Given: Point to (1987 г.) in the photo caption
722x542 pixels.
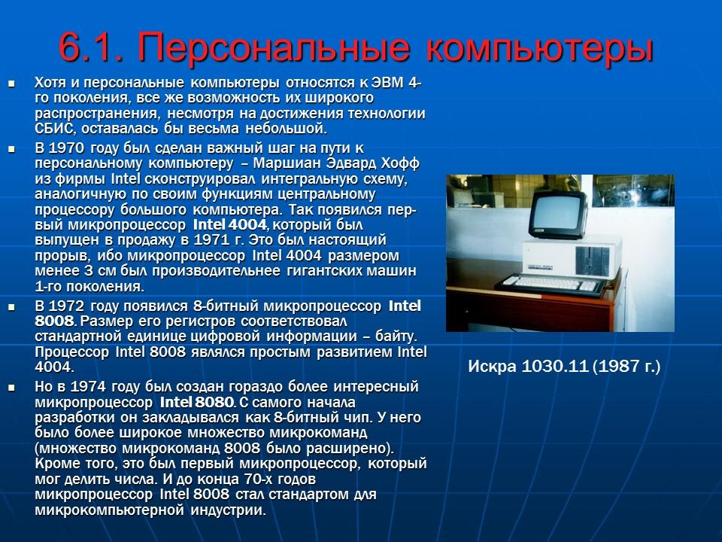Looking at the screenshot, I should click(x=626, y=367).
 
